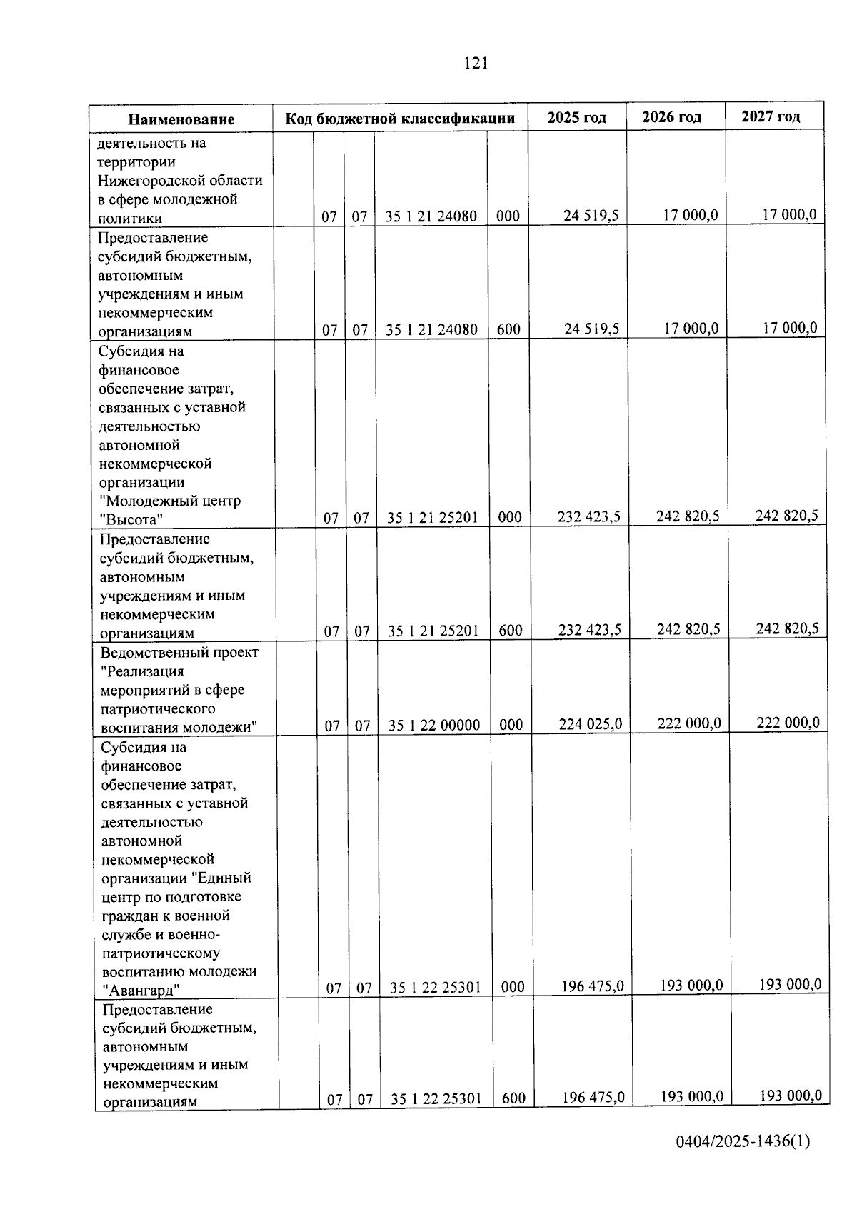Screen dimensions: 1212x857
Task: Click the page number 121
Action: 476,64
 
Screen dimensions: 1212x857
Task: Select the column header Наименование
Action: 181,119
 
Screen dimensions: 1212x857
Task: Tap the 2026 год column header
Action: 671,117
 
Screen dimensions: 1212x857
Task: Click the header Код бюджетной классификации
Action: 400,119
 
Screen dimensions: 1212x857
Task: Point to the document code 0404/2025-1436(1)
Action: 743,1161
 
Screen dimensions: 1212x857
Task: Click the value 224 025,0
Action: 590,724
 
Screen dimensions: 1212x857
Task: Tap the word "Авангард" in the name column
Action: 141,990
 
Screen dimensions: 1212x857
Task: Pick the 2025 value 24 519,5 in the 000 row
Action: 591,216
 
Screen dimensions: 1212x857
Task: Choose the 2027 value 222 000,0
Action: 788,722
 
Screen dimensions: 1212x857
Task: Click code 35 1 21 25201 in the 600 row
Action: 433,631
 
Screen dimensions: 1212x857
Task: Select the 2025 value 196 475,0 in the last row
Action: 593,1097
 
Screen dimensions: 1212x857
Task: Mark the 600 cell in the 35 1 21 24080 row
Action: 508,329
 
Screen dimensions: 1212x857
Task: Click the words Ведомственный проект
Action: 179,653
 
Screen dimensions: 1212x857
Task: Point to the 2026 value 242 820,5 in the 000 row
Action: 688,516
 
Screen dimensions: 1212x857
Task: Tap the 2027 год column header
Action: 771,116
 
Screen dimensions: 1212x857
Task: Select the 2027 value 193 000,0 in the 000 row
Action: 790,985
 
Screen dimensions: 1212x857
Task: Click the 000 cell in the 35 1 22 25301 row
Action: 513,987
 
